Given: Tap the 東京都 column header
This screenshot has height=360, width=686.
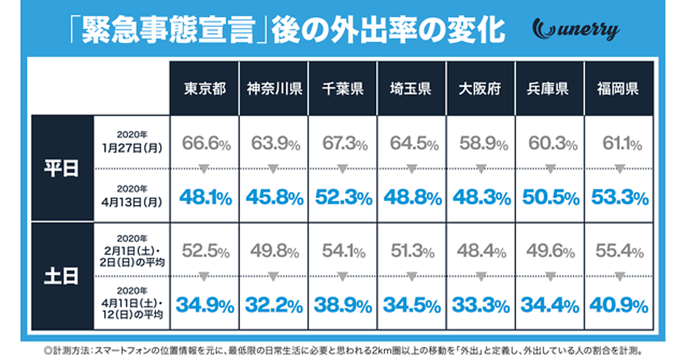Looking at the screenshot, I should coord(205,90).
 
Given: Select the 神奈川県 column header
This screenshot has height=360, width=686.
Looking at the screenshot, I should coord(274,90).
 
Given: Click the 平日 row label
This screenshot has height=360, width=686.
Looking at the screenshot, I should coord(61,170).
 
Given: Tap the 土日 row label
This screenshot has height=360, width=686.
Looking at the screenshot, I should coord(61,276).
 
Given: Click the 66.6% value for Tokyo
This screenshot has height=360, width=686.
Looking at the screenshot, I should coord(206,143).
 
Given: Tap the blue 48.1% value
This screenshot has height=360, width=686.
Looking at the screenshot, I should coord(206,198).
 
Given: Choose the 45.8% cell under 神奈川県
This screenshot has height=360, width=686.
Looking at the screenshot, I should coord(274,198).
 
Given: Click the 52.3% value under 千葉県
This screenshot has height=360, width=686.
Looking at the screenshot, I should coord(343,198).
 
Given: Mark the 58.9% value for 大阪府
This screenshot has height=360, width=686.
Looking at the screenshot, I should coord(481,143).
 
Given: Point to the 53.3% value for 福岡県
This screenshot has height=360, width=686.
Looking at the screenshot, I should coord(619,198).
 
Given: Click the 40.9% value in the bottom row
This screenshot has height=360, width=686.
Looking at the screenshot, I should coord(619,305).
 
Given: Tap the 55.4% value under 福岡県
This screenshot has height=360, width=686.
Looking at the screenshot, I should coord(619,251).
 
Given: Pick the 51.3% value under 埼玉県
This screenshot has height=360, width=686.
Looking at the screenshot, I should coord(412,251).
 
